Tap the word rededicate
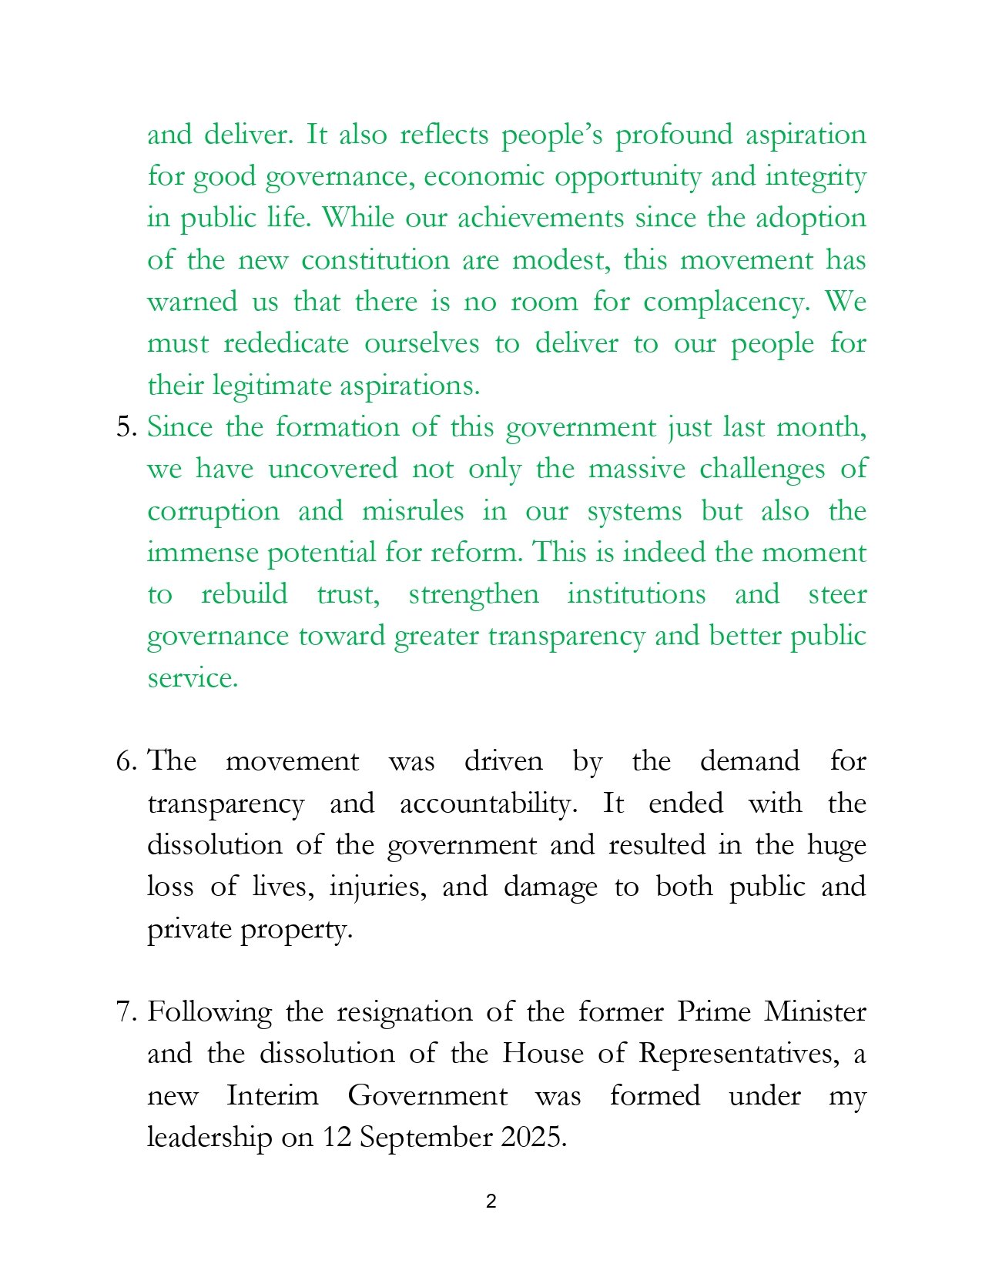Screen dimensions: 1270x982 tap(286, 343)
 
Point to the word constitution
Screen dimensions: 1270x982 tap(375, 260)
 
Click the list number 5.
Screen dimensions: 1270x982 tap(125, 427)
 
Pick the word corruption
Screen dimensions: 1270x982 tap(213, 512)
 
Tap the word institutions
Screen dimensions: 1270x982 tap(636, 594)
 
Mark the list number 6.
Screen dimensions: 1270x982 tap(125, 761)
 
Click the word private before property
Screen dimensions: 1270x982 tap(189, 929)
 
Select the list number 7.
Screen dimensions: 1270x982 tap(125, 1011)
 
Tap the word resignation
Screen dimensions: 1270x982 tap(404, 1011)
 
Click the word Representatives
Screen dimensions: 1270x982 tap(739, 1053)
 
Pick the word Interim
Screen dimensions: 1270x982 tap(273, 1095)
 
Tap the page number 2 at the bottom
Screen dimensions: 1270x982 tap(491, 1201)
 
